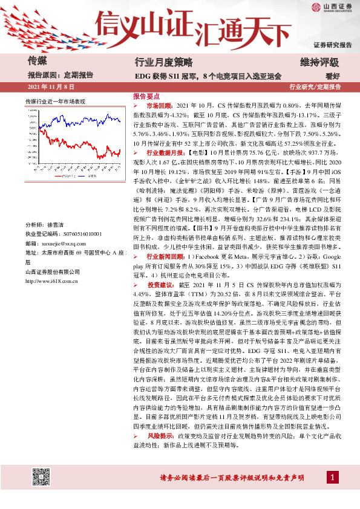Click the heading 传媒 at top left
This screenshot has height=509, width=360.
click(x=38, y=61)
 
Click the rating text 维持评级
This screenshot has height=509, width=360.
click(x=319, y=62)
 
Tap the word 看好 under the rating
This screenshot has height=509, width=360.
click(x=332, y=76)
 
